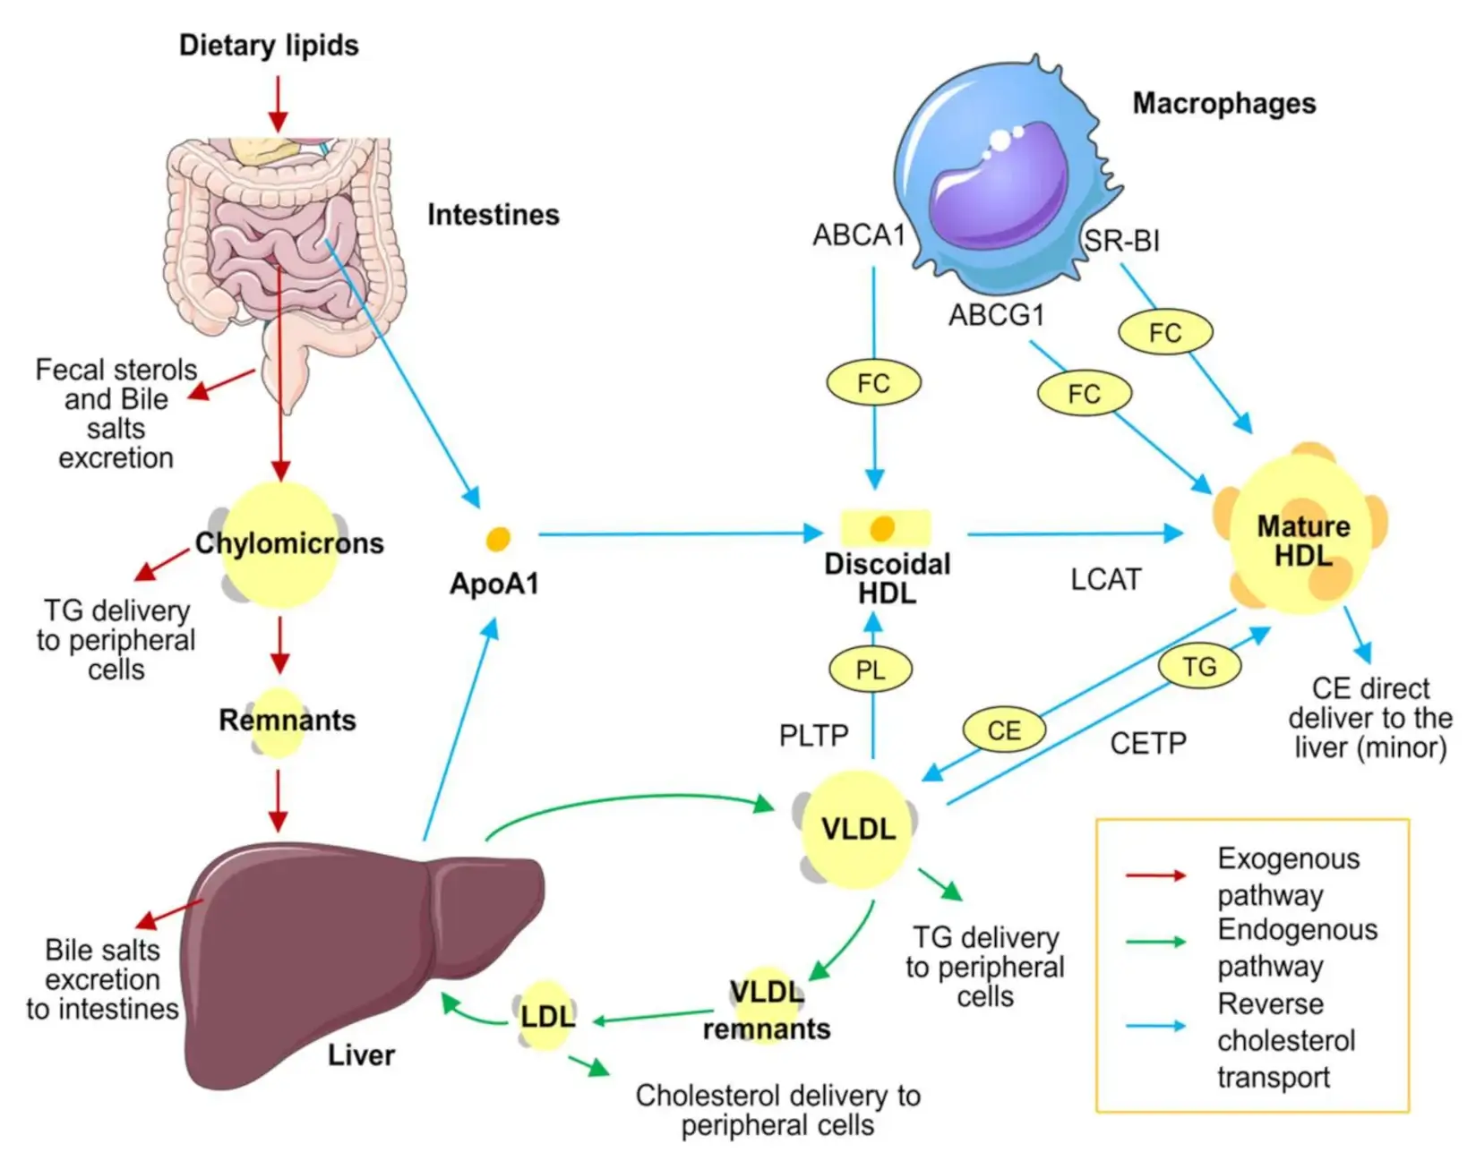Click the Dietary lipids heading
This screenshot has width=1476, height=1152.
point(269,45)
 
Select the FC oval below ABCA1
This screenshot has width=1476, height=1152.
point(873,383)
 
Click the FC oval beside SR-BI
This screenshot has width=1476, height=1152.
point(1165,333)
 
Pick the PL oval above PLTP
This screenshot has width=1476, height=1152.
point(870,670)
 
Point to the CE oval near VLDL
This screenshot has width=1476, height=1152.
point(1004,730)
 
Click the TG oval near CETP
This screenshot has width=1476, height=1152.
point(1199,667)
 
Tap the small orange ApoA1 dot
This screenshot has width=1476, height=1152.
point(498,539)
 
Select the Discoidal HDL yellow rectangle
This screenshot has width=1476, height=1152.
point(885,528)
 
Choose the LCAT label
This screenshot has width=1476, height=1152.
point(1106,579)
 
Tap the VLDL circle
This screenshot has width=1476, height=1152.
point(857,829)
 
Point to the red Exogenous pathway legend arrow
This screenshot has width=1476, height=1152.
point(1155,875)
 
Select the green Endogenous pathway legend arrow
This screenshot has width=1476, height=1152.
point(1155,942)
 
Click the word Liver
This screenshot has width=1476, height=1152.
point(361,1055)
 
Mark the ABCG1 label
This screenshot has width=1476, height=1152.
point(997,315)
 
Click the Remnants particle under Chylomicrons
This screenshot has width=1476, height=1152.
point(279,721)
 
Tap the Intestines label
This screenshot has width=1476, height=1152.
point(493,215)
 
